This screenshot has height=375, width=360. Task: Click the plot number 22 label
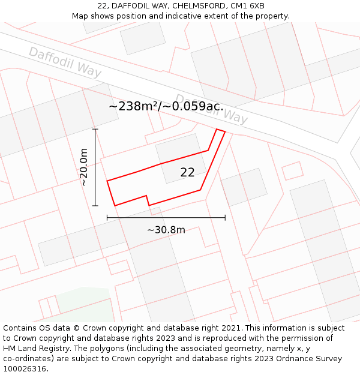(187, 172)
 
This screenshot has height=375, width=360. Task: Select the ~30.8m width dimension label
(166, 229)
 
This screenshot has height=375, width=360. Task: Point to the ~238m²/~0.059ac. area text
(166, 106)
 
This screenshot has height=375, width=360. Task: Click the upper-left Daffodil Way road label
(65, 62)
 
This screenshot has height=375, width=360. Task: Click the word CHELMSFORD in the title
(193, 6)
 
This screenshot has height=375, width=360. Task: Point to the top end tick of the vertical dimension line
(95, 129)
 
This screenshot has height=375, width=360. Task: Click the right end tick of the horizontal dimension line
(225, 217)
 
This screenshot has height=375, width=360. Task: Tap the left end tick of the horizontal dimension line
(107, 217)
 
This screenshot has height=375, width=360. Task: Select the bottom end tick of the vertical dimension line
(95, 206)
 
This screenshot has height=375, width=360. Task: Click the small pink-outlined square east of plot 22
(292, 170)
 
